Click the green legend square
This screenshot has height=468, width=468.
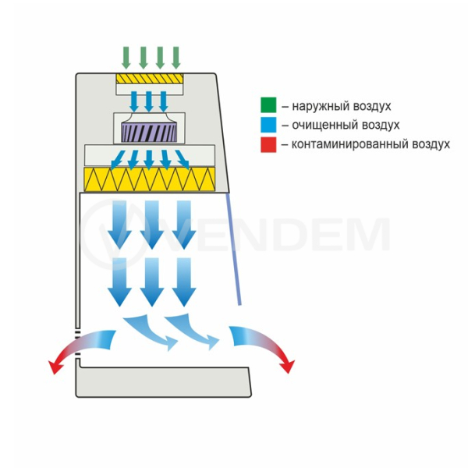268,105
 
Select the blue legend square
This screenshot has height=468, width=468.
268,125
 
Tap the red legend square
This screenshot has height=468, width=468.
268,144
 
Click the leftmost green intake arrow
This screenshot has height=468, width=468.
126,58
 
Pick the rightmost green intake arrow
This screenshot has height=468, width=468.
176,58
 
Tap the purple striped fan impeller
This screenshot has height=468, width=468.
149,133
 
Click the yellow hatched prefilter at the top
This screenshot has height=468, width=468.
150,79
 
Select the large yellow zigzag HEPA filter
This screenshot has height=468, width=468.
150,179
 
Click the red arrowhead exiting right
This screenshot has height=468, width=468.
288,366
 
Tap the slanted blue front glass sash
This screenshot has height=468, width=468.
234,250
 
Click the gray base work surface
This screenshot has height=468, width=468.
164,382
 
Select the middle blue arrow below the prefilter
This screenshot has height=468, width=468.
149,101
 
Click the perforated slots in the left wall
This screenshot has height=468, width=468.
77,342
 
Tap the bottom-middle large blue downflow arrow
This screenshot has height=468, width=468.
152,282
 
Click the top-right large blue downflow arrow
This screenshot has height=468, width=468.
184,225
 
